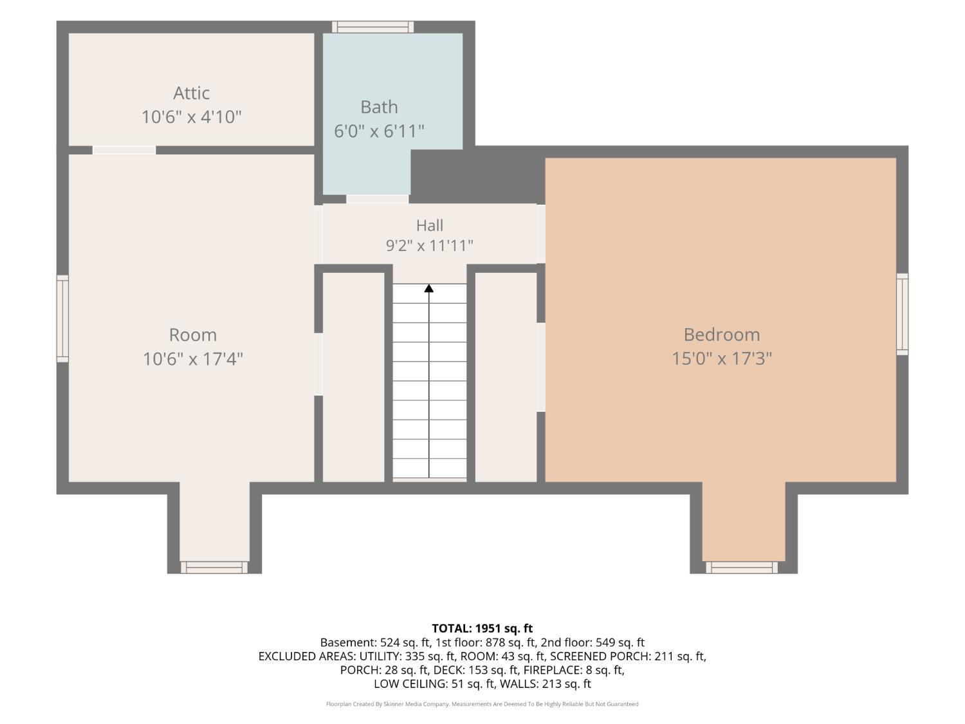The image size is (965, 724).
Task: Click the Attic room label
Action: coord(191,93)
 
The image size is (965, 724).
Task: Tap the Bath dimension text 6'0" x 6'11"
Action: coord(379,131)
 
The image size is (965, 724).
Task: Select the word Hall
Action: coord(430,225)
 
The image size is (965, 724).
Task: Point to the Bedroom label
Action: coord(721,335)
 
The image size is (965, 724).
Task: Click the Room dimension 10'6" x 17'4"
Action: coord(193,358)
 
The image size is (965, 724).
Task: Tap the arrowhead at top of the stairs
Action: coord(428,288)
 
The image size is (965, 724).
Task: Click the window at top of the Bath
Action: coord(372,27)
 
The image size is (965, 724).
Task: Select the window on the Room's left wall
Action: coord(62,319)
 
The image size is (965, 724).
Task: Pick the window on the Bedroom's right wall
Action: coord(902,314)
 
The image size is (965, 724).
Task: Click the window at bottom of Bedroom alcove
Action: coord(742,568)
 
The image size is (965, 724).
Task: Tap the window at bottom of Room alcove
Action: coord(214,568)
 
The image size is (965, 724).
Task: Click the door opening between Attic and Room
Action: coord(124,150)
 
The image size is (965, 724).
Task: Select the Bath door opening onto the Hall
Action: coord(377,199)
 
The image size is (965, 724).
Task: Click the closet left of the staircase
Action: coord(353,377)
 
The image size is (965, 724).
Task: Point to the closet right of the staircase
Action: coord(506,377)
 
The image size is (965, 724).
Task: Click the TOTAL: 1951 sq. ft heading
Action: coord(482,628)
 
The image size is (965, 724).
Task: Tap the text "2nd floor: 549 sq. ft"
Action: coord(593,643)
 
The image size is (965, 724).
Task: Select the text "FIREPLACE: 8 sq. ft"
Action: coord(573,670)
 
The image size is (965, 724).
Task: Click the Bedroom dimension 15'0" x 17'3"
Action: coord(721,358)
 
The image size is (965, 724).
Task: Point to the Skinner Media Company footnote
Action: coord(482,704)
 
